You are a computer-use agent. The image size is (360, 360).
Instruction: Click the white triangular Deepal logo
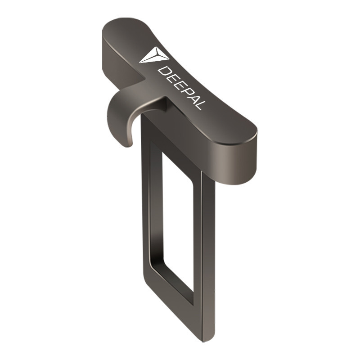coord(154,55)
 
